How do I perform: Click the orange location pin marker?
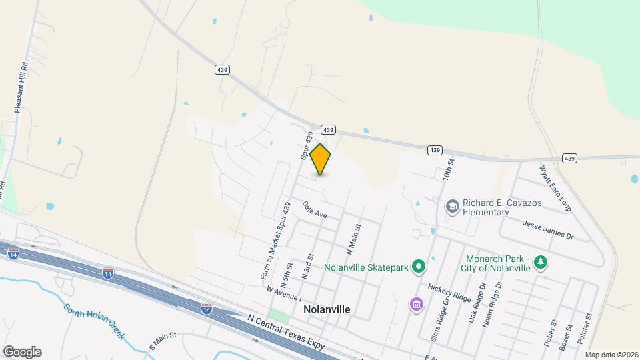(321, 159)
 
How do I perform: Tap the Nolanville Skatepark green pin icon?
(418, 267)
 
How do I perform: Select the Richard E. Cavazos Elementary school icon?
(453, 206)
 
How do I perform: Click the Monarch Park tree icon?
(542, 263)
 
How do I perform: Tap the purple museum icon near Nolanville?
(416, 305)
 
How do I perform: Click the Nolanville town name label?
(327, 310)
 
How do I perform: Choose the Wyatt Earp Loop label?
(555, 187)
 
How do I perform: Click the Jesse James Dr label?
(548, 229)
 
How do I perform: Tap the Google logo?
(22, 352)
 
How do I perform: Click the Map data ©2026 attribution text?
(611, 355)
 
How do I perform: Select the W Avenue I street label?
(283, 294)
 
